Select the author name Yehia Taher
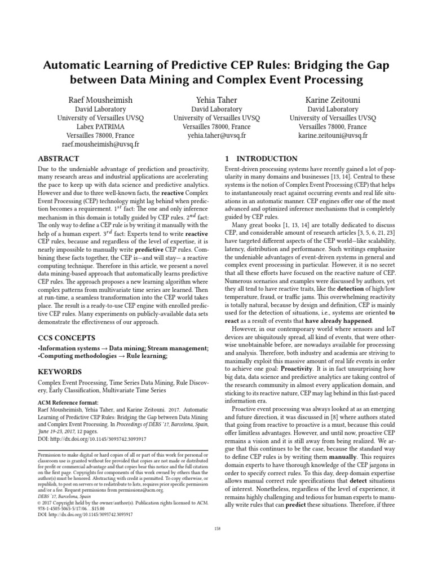coord(216,100)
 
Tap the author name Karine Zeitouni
coord(333,100)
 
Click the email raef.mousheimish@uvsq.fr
coord(99,145)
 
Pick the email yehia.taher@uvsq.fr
coord(216,136)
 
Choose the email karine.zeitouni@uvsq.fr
coord(333,136)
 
